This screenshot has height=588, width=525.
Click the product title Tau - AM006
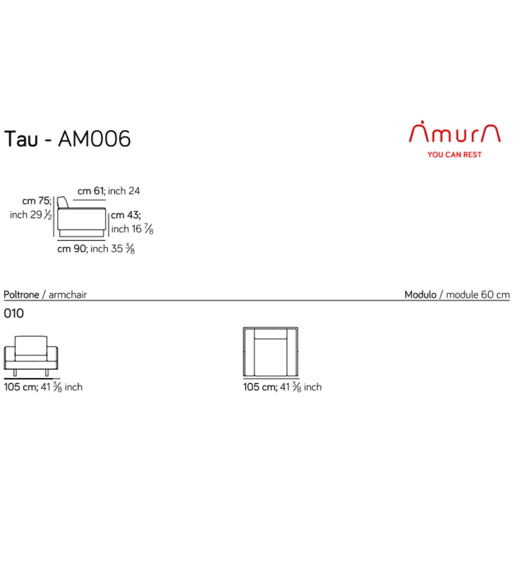point(67,139)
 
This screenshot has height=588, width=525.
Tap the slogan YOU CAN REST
point(455,154)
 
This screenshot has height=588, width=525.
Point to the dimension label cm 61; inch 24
point(109,191)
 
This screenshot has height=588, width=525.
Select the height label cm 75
point(36,201)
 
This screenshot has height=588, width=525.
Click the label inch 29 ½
point(31,215)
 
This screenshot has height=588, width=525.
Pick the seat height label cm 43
point(125,215)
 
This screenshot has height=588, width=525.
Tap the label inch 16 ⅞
point(132,229)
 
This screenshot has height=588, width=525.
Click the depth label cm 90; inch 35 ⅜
point(96,249)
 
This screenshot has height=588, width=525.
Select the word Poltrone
point(22,295)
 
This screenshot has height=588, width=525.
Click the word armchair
point(68,295)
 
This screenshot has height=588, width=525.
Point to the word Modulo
point(421,295)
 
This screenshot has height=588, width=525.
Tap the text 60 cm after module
point(496,295)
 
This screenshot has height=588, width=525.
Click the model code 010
point(14,313)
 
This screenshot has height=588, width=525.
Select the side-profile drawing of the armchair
point(81,217)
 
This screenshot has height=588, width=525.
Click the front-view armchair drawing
point(31,356)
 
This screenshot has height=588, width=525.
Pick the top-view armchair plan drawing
point(270,352)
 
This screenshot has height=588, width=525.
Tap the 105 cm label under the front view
point(43,387)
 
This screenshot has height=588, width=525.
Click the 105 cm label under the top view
point(282,387)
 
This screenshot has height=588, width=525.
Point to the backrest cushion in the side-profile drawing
point(62,202)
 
